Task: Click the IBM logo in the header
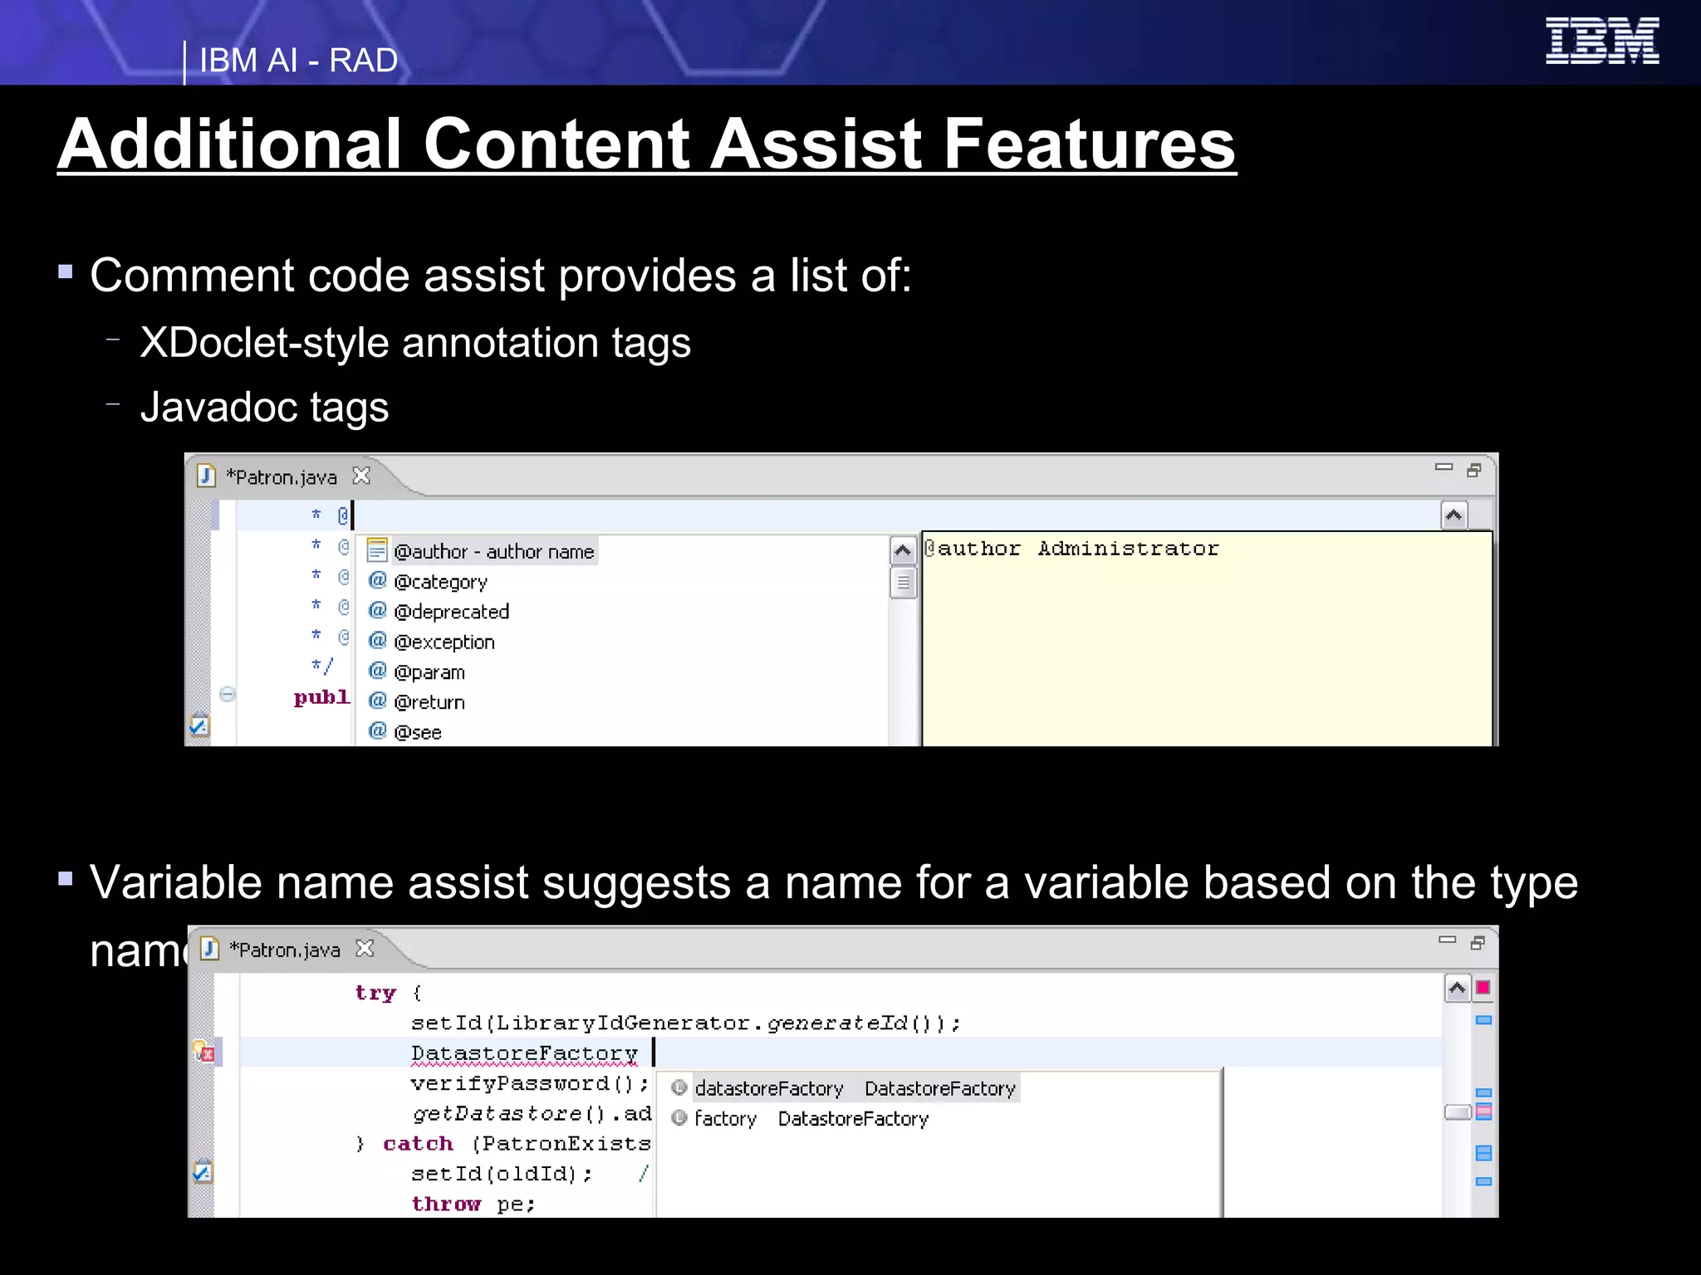[x=1601, y=41]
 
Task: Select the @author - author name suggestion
[x=493, y=552]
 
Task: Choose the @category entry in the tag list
[x=440, y=582]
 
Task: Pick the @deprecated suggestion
[x=451, y=612]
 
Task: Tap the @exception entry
[x=444, y=642]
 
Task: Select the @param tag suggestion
[x=429, y=672]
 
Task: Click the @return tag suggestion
[x=429, y=702]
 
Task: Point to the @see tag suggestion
[x=417, y=732]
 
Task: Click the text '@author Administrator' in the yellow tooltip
[x=1071, y=549]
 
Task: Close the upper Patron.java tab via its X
[x=361, y=476]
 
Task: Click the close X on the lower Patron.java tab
[x=365, y=948]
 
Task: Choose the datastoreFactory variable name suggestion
[x=768, y=1088]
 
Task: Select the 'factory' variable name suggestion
[x=725, y=1119]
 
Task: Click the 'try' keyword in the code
[x=375, y=993]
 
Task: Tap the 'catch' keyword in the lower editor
[x=418, y=1144]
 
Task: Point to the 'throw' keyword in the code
[x=446, y=1204]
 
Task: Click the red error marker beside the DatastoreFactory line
[x=205, y=1053]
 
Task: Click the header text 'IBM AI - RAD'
[x=298, y=61]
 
